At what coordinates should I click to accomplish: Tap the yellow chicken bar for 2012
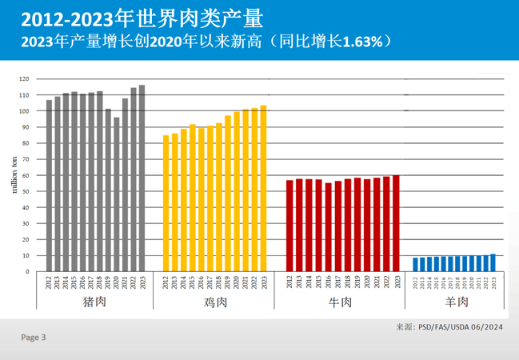[x=166, y=203]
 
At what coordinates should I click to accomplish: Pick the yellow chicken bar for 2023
[x=263, y=189]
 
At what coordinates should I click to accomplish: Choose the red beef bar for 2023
[x=397, y=223]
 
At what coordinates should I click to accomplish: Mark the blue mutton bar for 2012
[x=416, y=265]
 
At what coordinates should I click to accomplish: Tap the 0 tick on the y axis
[x=27, y=271]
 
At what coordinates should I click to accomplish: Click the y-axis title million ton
[x=13, y=175]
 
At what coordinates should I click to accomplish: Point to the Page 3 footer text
[x=34, y=338]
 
